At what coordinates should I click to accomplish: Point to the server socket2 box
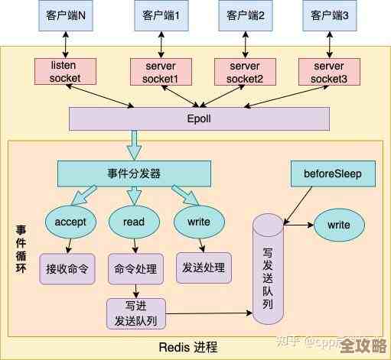[x=244, y=71]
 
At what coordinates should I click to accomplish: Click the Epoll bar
[x=199, y=118]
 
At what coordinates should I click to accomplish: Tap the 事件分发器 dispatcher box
[x=134, y=174]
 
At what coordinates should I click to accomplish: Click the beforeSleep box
[x=333, y=174]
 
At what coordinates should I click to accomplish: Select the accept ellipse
[x=71, y=222]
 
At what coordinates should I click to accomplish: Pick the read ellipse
[x=134, y=222]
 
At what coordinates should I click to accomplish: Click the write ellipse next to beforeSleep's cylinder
[x=338, y=225]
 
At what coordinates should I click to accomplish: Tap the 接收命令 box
[x=67, y=268]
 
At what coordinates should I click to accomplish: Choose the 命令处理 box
[x=135, y=269]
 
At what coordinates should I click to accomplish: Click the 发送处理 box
[x=204, y=268]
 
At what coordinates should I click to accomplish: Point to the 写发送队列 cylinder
[x=268, y=271]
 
